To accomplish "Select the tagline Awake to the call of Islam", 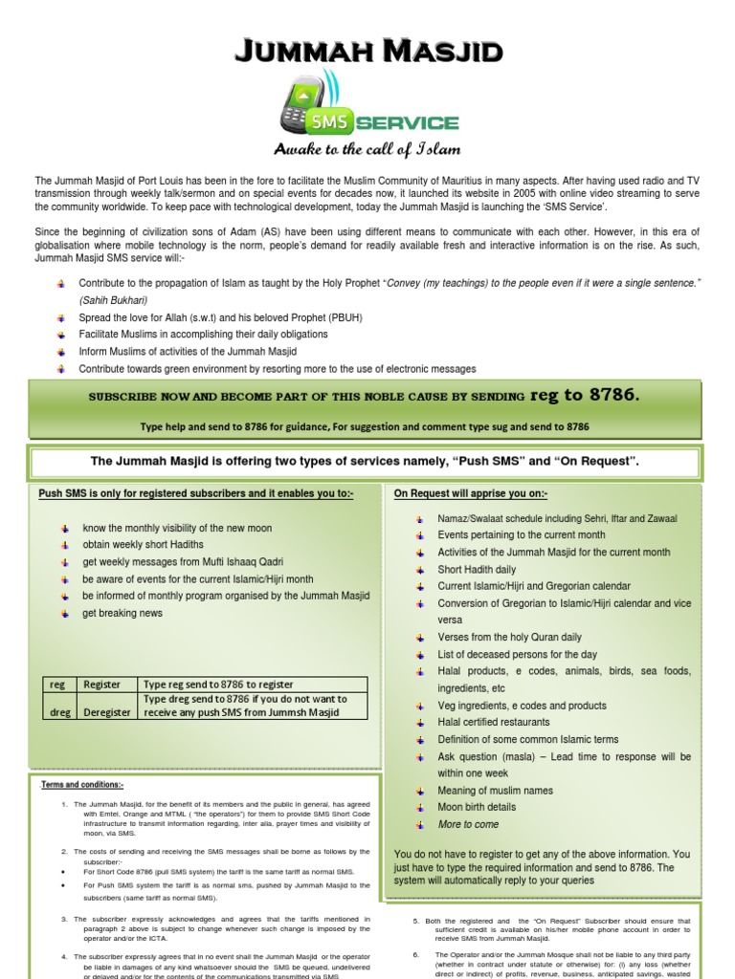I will tap(367, 149).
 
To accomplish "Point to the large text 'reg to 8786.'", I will tap(585, 395).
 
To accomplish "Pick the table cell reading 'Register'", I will tap(102, 684).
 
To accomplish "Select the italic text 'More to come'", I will tap(468, 824).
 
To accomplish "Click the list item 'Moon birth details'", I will tap(477, 807).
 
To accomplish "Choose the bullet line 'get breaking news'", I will tap(122, 613).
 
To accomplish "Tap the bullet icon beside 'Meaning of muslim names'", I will tap(420, 791).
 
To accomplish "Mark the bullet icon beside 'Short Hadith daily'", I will tap(420, 570).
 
